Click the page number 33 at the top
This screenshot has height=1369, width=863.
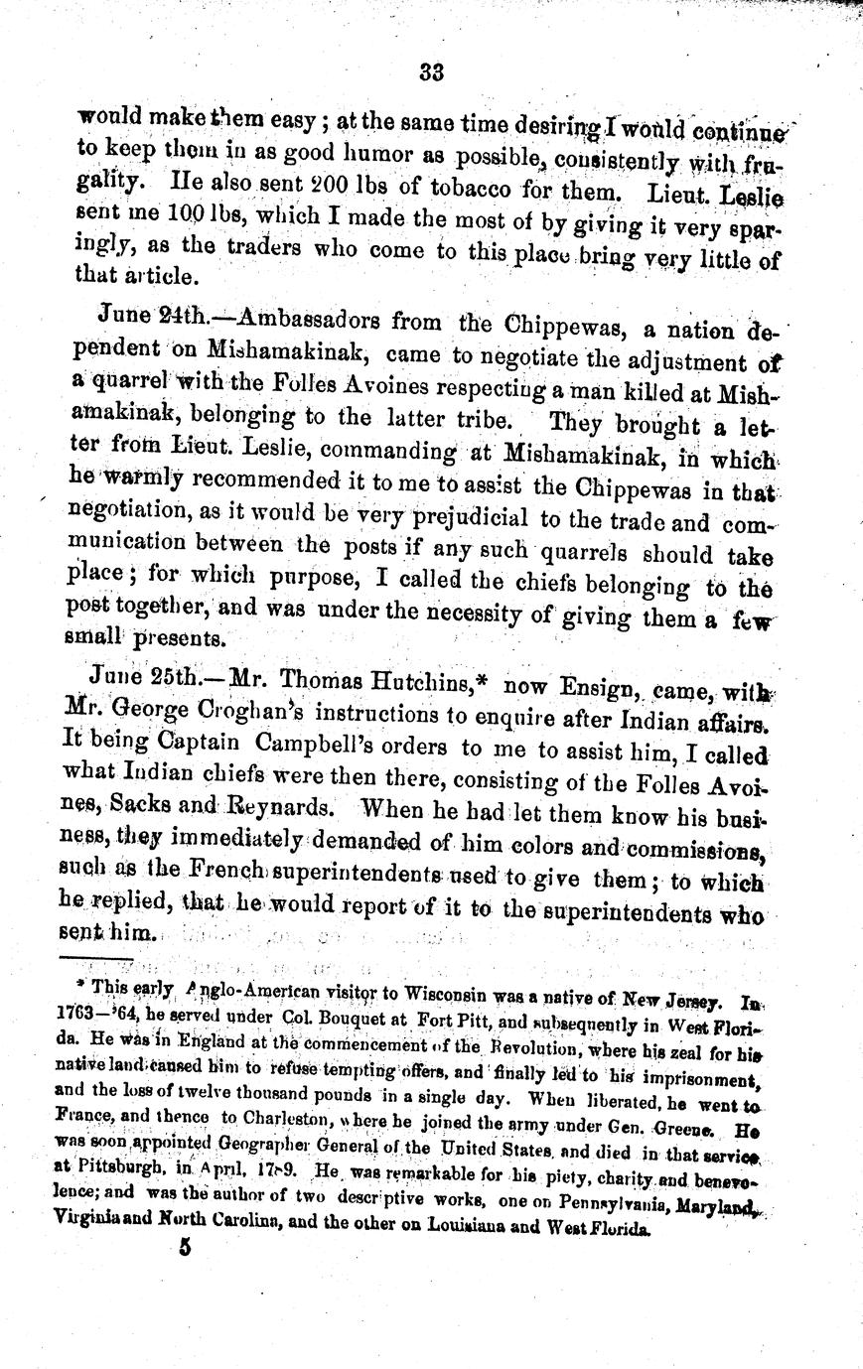click(x=431, y=71)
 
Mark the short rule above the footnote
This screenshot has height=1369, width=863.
click(x=96, y=959)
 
